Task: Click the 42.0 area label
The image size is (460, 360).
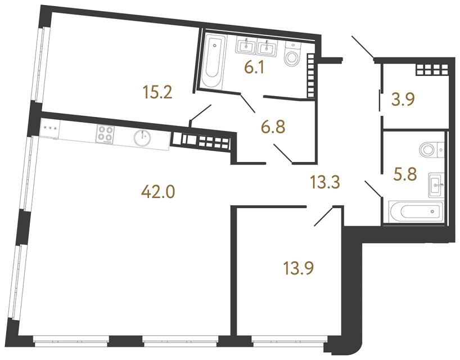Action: (x=158, y=193)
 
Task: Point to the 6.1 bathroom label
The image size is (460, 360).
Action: (x=254, y=68)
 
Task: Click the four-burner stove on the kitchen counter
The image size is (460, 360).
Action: (x=105, y=135)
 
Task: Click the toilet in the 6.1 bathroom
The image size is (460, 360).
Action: (x=294, y=55)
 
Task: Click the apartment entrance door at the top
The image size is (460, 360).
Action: (x=363, y=47)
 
